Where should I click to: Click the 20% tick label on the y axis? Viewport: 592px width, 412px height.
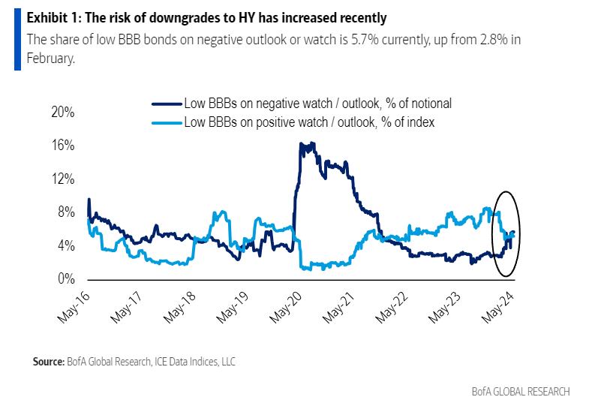point(62,112)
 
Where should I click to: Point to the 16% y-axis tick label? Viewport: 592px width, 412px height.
point(62,145)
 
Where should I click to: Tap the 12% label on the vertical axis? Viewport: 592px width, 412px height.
point(62,179)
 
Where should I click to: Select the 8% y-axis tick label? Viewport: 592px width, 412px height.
point(65,212)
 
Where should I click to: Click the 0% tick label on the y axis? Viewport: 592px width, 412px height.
point(65,279)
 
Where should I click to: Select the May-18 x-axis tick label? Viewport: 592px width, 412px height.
point(180,305)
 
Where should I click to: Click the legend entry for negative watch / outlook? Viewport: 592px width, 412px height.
point(317,104)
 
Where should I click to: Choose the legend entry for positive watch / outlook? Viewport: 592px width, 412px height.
point(309,121)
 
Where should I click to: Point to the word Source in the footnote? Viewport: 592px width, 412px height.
point(47,362)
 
